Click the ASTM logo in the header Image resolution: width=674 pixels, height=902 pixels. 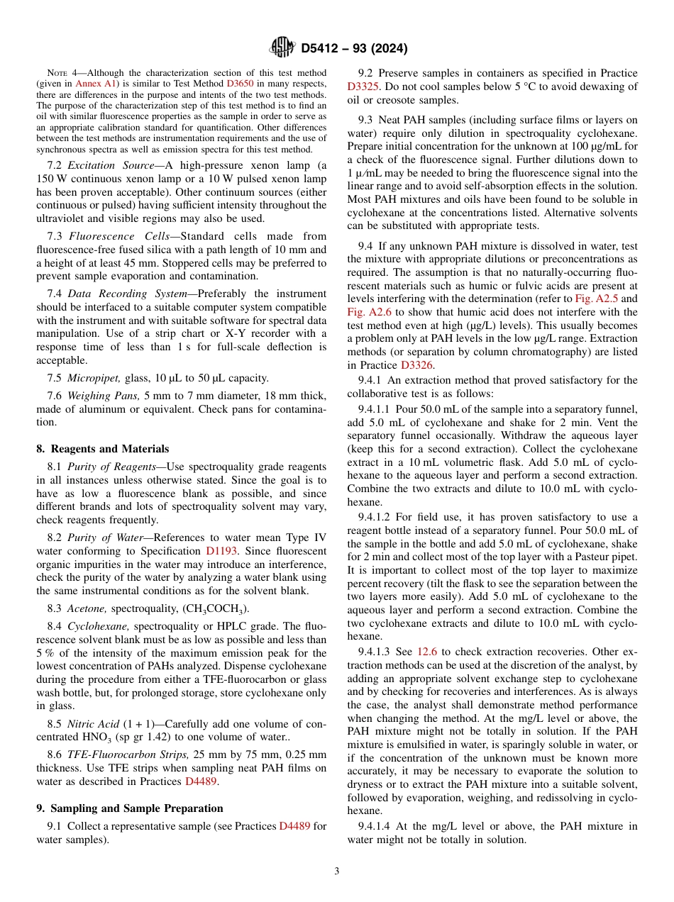283,48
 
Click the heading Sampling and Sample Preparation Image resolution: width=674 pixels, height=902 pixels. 130,808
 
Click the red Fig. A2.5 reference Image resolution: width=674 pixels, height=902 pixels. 597,299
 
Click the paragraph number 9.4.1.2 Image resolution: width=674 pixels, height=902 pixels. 377,517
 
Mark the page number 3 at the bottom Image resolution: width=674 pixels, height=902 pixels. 337,871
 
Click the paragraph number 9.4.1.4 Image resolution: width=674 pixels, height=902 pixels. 377,826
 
